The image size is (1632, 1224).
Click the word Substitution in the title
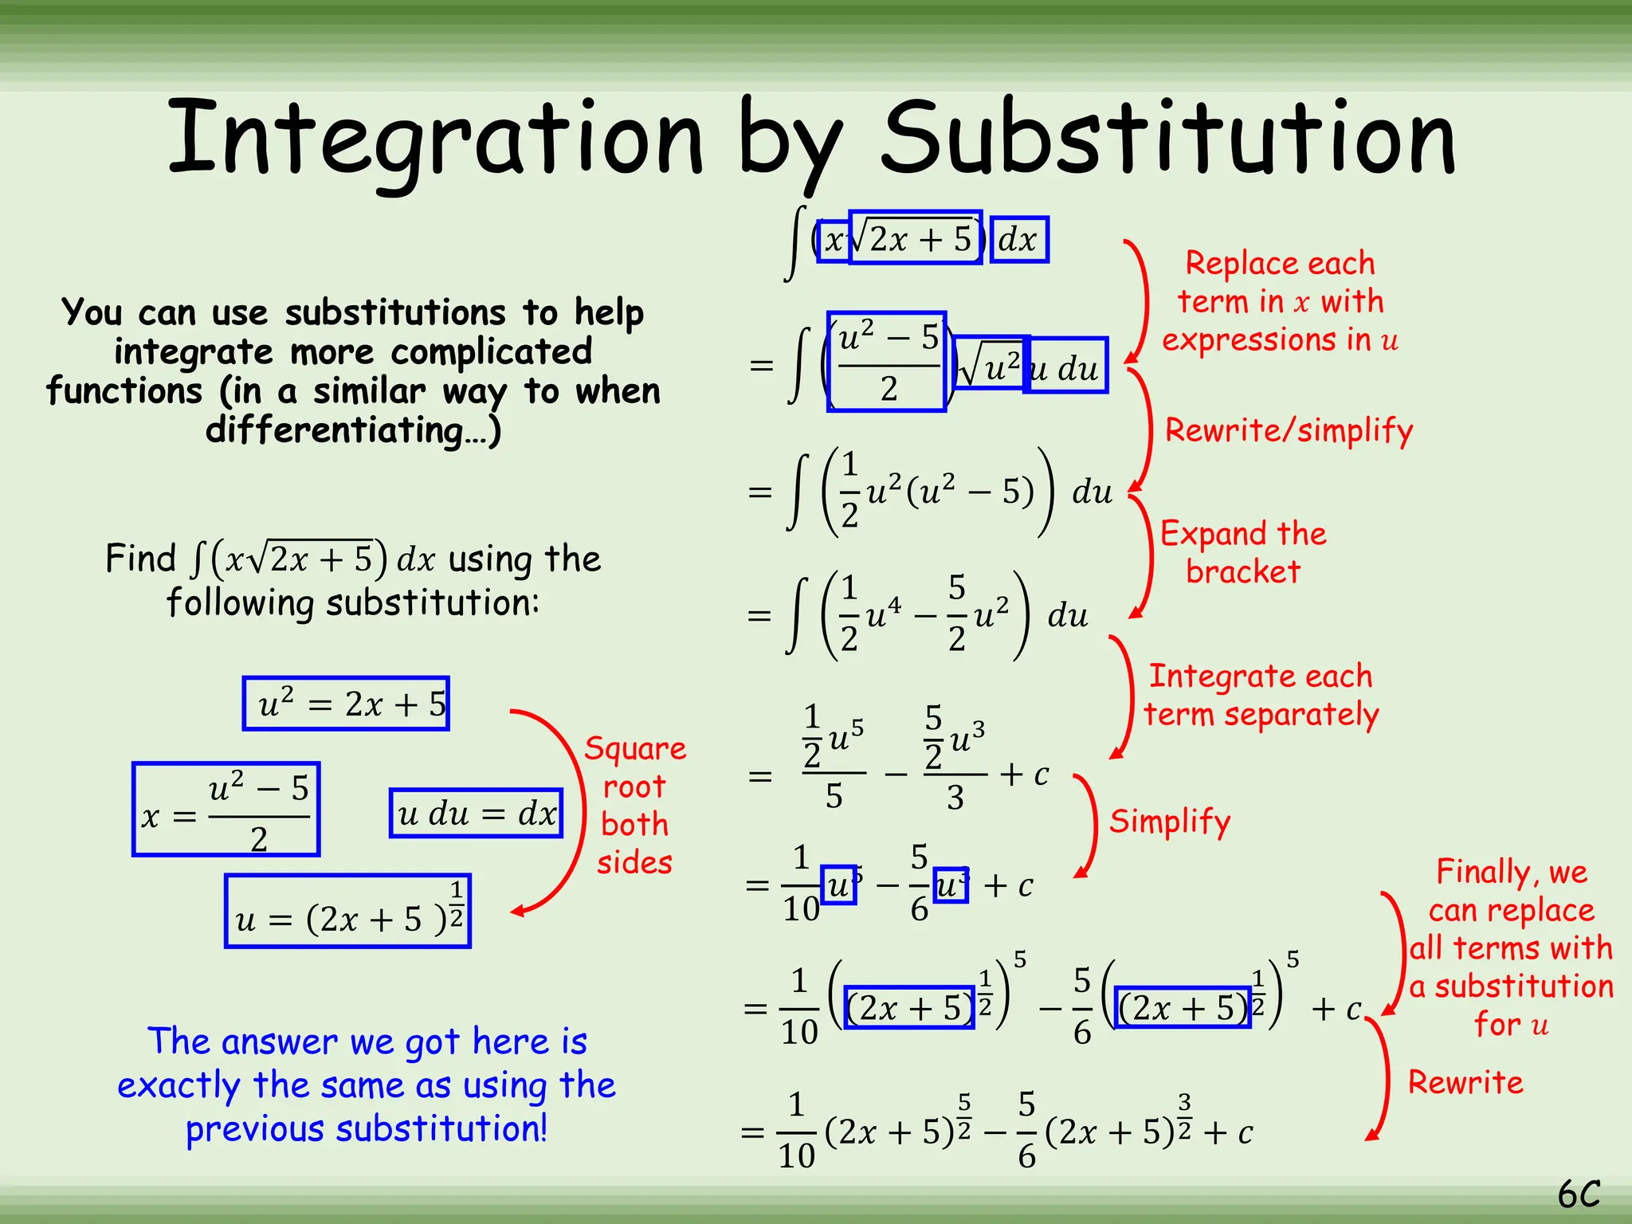point(1169,139)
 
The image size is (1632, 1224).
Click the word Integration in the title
point(434,139)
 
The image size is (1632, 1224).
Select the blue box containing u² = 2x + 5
point(346,704)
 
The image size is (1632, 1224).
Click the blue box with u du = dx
point(476,814)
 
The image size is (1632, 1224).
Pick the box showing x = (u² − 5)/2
point(226,810)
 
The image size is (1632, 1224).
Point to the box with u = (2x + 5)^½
point(348,911)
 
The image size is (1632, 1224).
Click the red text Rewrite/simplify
point(1289,430)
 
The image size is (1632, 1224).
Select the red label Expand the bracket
point(1243,552)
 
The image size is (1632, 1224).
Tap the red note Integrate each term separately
point(1261,695)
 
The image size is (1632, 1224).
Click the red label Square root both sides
point(635,805)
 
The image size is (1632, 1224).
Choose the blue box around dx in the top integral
point(1019,239)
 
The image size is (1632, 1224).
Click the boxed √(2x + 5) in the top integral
point(916,237)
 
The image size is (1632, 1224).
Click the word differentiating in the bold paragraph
point(335,431)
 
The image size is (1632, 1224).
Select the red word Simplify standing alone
point(1170,822)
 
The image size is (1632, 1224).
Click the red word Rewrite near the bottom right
point(1465,1082)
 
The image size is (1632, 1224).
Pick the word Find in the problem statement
point(140,558)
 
